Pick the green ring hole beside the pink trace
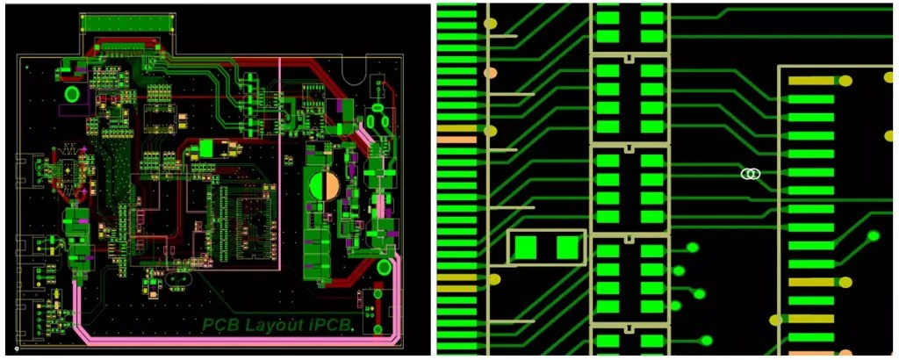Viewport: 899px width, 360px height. [x=385, y=267]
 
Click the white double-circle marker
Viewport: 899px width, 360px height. [x=750, y=174]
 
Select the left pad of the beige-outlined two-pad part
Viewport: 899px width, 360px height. [x=526, y=248]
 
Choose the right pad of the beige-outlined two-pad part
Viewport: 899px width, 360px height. [x=569, y=248]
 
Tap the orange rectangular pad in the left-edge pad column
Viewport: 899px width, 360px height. [x=456, y=140]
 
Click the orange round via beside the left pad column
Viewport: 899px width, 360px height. [x=491, y=73]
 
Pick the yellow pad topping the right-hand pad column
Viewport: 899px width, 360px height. [x=811, y=81]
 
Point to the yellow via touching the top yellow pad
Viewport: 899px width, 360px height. [x=845, y=81]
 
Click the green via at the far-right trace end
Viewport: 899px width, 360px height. [x=873, y=235]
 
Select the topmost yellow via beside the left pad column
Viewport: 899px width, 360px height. [x=491, y=23]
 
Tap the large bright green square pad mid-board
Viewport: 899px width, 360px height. [x=207, y=148]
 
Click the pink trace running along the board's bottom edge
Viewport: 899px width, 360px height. [x=219, y=340]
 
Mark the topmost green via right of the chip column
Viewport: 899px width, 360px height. [x=692, y=247]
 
